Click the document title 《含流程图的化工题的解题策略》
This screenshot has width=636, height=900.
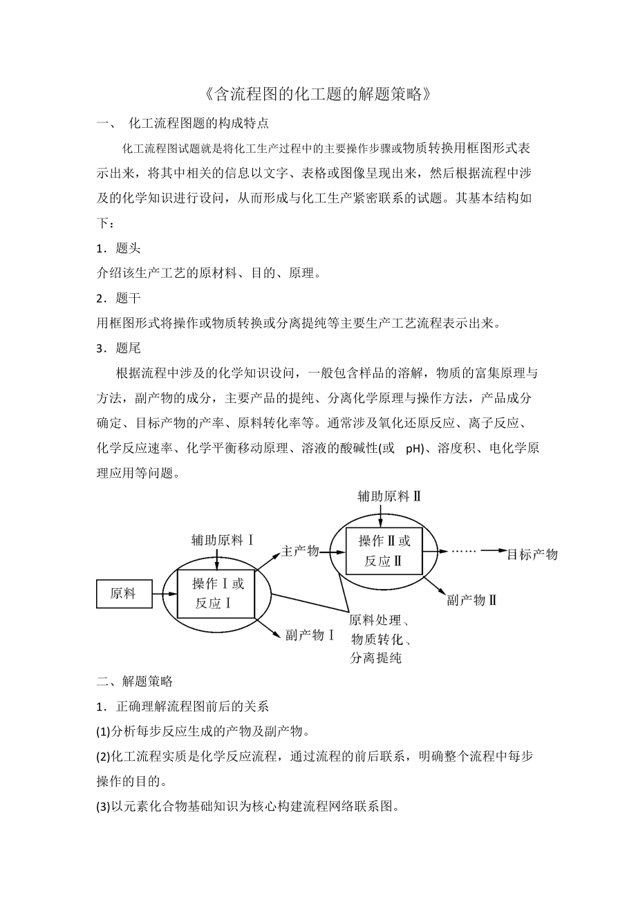318,94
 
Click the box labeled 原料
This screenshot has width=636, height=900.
124,593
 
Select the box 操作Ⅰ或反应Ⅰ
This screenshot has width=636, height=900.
216,593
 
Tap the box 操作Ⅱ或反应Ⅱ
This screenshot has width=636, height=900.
384,551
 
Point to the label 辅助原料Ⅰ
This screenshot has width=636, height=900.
223,539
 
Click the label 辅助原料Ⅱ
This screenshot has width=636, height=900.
389,496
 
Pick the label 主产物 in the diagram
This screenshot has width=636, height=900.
300,551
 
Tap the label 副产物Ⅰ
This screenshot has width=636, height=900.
310,635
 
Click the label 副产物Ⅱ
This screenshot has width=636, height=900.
472,599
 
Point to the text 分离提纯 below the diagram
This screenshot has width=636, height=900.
376,657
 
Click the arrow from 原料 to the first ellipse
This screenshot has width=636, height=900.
163,593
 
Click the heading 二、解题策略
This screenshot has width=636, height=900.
135,681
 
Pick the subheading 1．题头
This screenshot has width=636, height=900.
119,249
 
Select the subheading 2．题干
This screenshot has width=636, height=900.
119,298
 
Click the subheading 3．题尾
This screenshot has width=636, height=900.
119,348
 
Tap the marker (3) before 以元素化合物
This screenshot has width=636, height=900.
103,806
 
